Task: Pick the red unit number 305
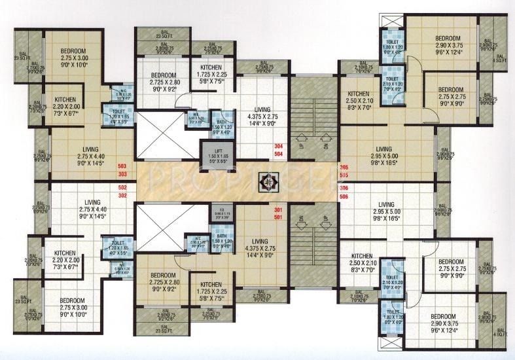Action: click(345, 167)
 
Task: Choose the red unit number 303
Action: click(122, 175)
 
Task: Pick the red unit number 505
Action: click(345, 175)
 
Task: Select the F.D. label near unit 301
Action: click(221, 208)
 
